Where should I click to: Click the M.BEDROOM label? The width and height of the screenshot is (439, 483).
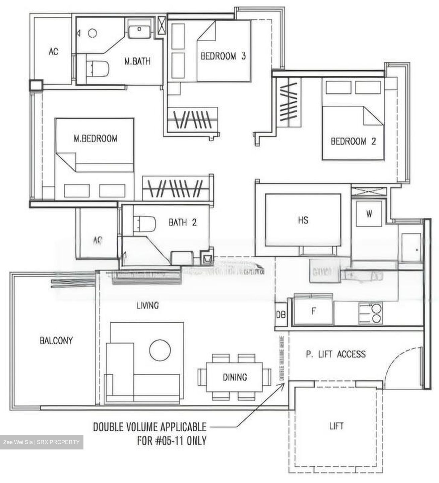[x=96, y=138]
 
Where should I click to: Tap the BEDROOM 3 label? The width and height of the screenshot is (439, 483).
[x=223, y=56]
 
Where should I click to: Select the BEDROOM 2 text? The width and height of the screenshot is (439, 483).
[x=353, y=141]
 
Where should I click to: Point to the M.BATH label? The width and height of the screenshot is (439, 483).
[x=137, y=61]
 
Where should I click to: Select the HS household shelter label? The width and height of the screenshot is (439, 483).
[x=303, y=220]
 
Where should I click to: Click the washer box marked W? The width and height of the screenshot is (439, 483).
[x=369, y=214]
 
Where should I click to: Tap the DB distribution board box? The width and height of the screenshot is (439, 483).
[x=281, y=315]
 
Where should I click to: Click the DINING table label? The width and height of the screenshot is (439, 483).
[x=235, y=377]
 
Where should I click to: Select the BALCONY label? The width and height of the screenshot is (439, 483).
[x=56, y=340]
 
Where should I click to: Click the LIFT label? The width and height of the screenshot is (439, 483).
[x=336, y=426]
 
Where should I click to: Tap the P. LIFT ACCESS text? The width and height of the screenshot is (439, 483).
[x=336, y=354]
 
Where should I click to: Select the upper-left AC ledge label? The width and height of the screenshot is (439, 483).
[x=53, y=52]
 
